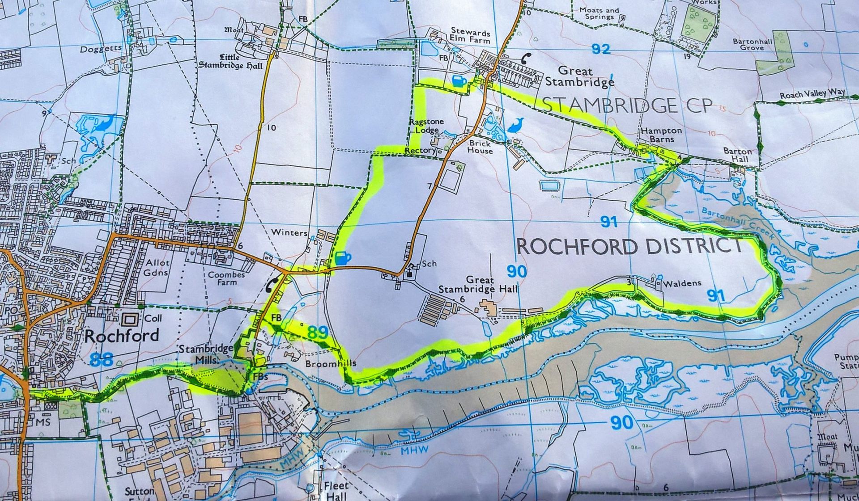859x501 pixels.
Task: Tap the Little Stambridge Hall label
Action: pyautogui.click(x=230, y=62)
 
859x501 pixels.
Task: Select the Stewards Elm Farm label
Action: pyautogui.click(x=470, y=36)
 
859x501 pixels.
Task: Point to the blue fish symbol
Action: pyautogui.click(x=517, y=125)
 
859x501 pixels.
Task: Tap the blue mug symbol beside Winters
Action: pyautogui.click(x=342, y=258)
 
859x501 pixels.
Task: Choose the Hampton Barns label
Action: pyautogui.click(x=661, y=135)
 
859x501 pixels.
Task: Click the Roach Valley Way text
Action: pyautogui.click(x=812, y=94)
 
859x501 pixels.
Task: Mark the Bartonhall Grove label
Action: pyautogui.click(x=752, y=44)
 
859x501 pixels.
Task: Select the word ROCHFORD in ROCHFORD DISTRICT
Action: pyautogui.click(x=574, y=246)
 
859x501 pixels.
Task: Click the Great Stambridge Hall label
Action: pyautogui.click(x=477, y=285)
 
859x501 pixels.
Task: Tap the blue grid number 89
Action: pyautogui.click(x=318, y=332)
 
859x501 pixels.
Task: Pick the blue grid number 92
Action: pyautogui.click(x=600, y=49)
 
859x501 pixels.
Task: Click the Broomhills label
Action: pyautogui.click(x=327, y=364)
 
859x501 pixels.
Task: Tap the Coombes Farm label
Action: pyautogui.click(x=226, y=278)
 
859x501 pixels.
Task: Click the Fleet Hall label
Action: pyautogui.click(x=336, y=491)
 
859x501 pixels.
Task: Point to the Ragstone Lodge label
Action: pyautogui.click(x=426, y=126)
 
